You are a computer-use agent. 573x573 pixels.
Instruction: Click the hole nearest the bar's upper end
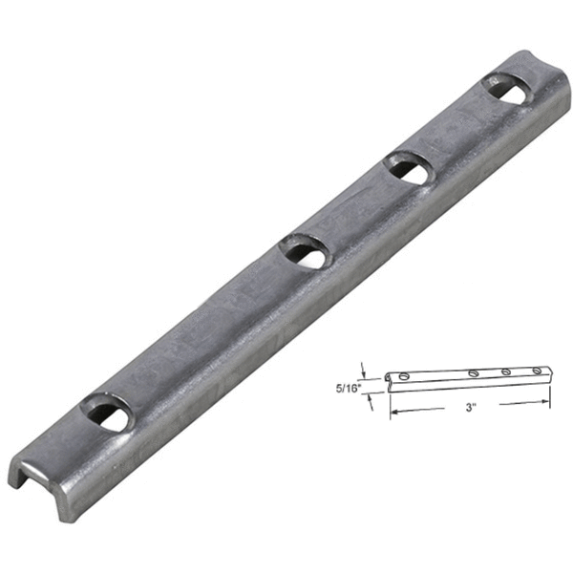507,89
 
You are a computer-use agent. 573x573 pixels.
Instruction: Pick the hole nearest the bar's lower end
106,414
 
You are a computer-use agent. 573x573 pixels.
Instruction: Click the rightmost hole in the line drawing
537,371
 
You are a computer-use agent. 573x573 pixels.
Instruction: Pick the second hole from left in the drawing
474,372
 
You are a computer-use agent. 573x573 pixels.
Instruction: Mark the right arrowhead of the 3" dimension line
547,401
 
